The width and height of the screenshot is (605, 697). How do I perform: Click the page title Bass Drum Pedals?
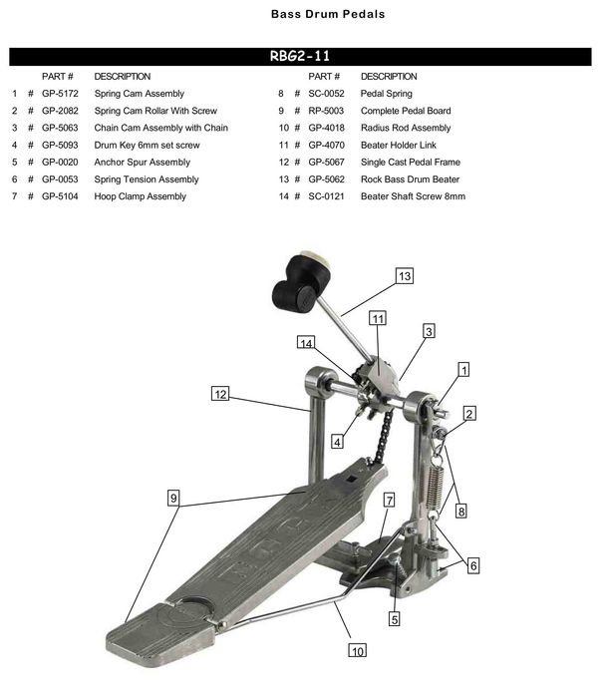tap(313, 15)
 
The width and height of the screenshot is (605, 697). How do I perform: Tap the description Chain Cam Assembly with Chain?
tap(160, 128)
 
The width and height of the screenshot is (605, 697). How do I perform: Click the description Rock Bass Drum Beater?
tap(410, 179)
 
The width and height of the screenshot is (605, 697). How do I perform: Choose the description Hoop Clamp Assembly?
tap(140, 196)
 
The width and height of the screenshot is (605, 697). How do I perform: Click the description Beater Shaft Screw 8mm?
tap(413, 196)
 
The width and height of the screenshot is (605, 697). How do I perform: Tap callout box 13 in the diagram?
tap(403, 276)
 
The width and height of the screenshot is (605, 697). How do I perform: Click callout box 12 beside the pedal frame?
tap(221, 394)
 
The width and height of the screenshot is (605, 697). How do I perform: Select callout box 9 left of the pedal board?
tap(174, 498)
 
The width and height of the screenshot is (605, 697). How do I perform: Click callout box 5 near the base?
tap(395, 618)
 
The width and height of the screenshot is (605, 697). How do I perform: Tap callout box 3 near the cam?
tap(428, 331)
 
